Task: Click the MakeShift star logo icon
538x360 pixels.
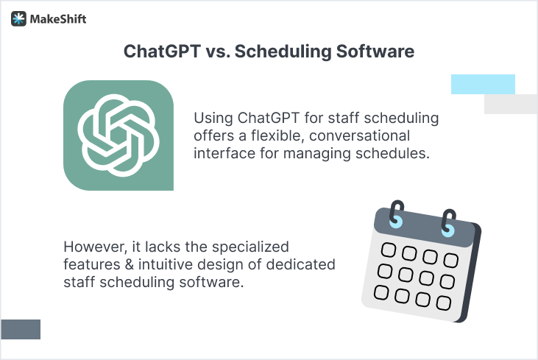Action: [x=18, y=19]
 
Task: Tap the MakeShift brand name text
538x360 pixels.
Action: [x=57, y=19]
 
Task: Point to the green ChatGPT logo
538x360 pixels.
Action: [x=118, y=135]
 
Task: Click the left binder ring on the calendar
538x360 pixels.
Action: [x=398, y=216]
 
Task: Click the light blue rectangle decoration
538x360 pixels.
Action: [x=483, y=84]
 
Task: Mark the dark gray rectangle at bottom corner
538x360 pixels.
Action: [x=20, y=329]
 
